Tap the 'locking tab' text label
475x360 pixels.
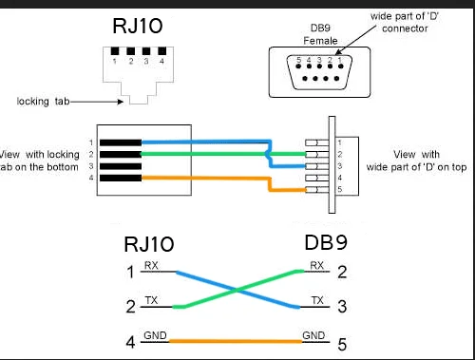[43, 100]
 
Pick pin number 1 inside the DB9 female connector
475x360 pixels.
[337, 61]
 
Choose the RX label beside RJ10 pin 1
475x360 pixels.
[151, 265]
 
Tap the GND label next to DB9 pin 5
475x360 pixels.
[313, 334]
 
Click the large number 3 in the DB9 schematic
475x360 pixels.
[343, 307]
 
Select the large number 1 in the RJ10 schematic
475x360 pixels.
[131, 274]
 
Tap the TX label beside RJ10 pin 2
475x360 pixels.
[151, 299]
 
